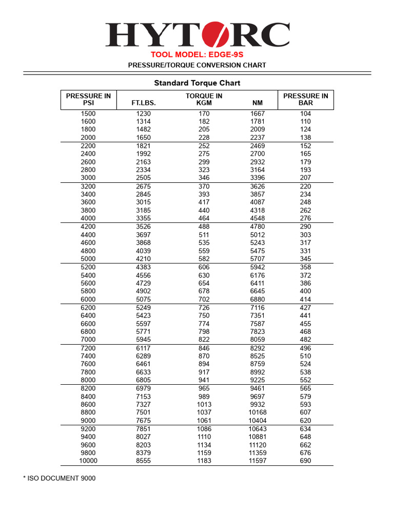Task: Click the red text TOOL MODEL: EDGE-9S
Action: coord(197,54)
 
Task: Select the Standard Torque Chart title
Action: coord(197,83)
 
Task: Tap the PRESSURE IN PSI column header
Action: coord(88,99)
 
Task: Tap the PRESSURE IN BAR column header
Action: coord(305,99)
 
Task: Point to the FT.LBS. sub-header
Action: coord(144,103)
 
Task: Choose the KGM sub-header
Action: coord(204,103)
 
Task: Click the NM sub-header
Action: coord(258,103)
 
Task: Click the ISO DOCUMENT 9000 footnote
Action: coord(59,478)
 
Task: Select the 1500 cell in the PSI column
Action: coord(88,114)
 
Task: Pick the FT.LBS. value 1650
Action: coord(144,138)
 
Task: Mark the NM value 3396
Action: coord(258,178)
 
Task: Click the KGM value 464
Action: coord(204,218)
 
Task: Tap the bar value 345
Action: coord(305,259)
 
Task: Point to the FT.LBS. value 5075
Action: coord(144,299)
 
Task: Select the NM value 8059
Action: coord(258,340)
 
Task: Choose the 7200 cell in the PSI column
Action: coord(88,348)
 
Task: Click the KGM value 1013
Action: coord(204,404)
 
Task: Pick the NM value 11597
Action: coord(258,461)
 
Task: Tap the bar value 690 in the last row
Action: coord(305,461)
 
